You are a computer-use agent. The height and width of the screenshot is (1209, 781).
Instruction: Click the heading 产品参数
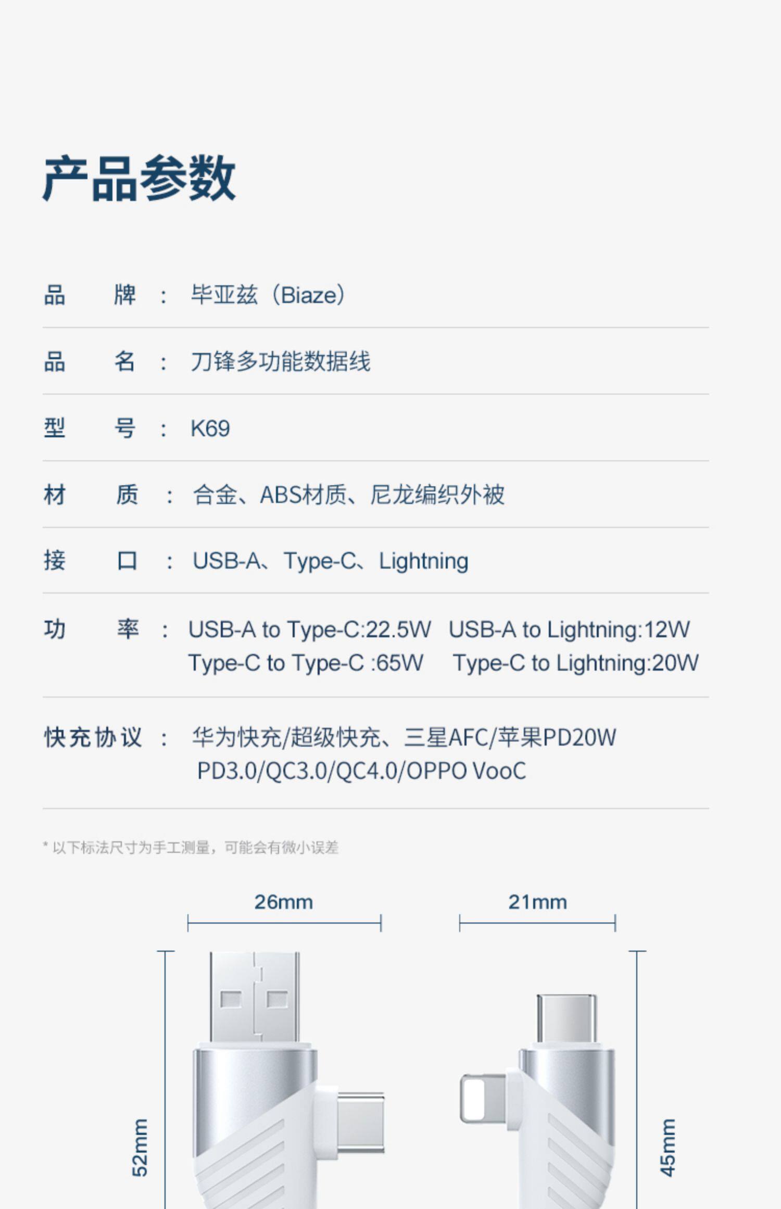tap(139, 179)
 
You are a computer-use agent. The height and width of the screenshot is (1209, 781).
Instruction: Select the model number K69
tap(210, 429)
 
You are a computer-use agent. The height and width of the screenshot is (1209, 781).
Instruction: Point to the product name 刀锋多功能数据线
tap(280, 362)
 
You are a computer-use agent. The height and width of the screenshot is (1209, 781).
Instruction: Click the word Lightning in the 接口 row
tap(423, 561)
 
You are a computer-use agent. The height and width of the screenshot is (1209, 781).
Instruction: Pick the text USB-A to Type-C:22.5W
tap(309, 629)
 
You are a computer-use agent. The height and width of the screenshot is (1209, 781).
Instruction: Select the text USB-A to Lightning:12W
tap(569, 629)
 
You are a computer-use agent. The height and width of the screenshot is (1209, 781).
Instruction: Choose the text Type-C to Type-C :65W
tap(306, 663)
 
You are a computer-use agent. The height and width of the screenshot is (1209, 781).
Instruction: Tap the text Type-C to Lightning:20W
tap(575, 663)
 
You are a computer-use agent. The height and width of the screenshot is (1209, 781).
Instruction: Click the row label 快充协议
tap(93, 738)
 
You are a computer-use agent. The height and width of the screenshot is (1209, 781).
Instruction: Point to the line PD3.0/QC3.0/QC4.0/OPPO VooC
tap(361, 771)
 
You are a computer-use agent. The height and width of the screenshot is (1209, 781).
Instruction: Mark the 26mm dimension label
tap(284, 902)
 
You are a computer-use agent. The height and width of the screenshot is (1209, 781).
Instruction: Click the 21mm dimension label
tap(537, 902)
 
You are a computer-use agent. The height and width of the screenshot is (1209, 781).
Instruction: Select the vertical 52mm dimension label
tap(140, 1148)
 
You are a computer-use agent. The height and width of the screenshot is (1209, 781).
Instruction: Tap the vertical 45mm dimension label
tap(667, 1148)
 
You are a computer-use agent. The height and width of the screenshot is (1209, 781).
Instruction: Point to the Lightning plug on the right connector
tap(482, 1098)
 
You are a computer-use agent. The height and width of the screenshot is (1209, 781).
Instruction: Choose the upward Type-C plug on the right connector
tap(566, 1018)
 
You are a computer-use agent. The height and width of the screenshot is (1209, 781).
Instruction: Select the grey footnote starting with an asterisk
tap(191, 848)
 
